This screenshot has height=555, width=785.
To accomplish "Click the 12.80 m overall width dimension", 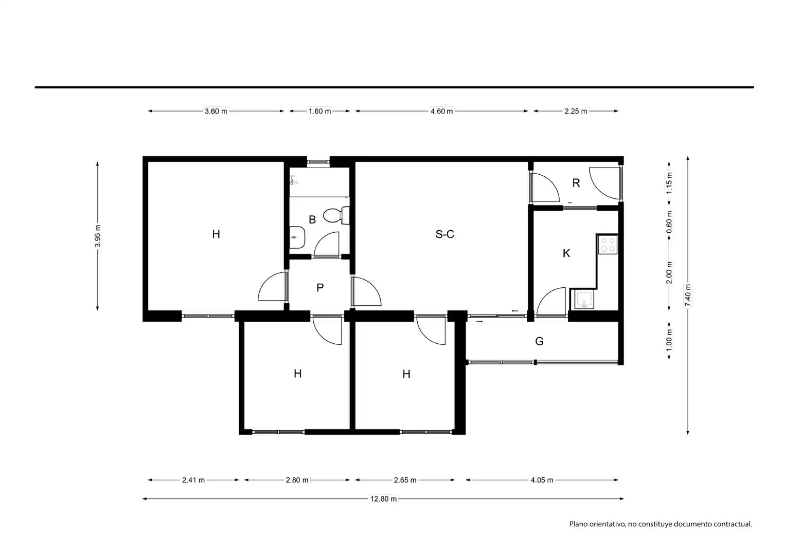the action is (384, 499).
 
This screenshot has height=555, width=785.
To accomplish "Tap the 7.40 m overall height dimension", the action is (688, 295).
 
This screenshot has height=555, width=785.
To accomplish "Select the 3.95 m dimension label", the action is (98, 236).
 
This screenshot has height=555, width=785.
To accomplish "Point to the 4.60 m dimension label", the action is (441, 112).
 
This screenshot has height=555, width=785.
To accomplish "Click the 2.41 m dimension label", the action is (193, 480).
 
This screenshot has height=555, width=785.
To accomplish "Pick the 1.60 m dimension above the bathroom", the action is (319, 112).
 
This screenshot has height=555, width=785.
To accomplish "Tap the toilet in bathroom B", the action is (336, 215).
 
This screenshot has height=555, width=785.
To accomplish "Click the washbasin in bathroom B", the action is (297, 237).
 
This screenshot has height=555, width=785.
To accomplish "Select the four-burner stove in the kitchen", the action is (608, 245).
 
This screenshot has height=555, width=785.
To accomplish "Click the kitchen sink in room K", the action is (584, 299).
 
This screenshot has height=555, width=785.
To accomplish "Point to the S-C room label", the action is (445, 234).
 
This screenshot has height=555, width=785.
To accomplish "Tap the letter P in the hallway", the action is (320, 288).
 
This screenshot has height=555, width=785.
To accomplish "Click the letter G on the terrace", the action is (539, 341).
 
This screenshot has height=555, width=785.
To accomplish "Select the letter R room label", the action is (576, 183).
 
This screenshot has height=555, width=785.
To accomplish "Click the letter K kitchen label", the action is (566, 253).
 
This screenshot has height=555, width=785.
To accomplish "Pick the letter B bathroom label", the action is (312, 219).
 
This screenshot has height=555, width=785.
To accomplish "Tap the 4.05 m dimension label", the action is (542, 480).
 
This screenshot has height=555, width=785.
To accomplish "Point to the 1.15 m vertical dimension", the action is (669, 183).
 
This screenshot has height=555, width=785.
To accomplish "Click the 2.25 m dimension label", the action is (576, 112).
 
